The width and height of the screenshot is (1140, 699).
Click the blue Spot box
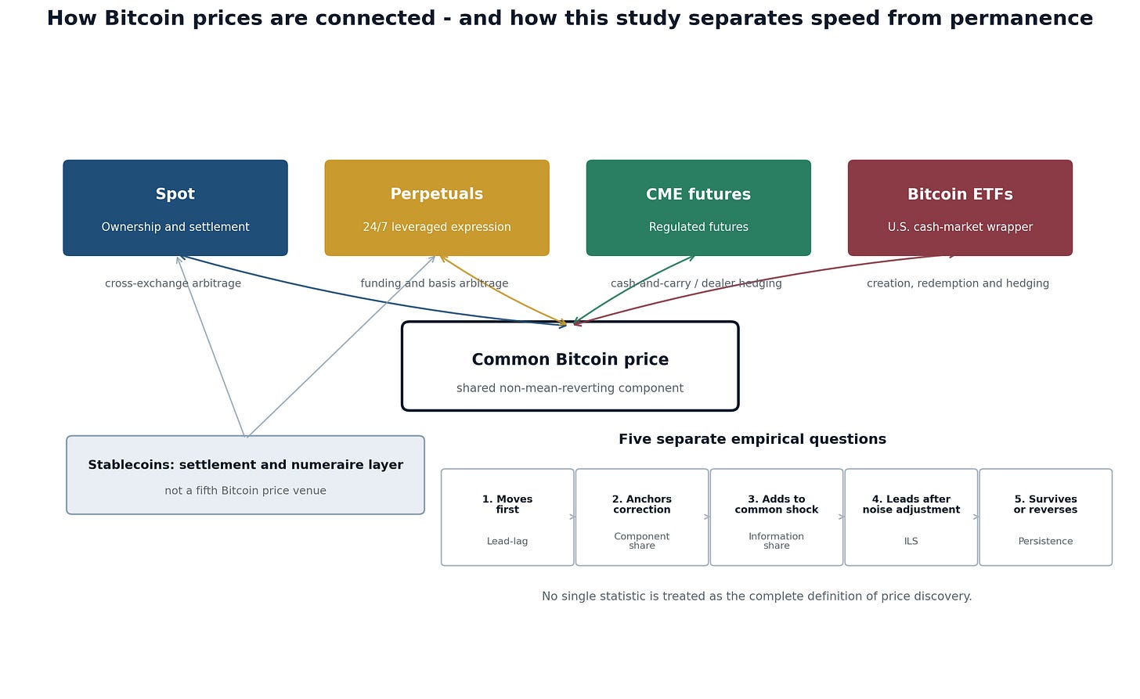(175, 207)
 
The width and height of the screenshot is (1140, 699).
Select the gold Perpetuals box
(437, 207)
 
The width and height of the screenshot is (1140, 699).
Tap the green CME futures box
(698, 207)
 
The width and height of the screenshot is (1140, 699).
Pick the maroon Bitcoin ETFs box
(960, 207)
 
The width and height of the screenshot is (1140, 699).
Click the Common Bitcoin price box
(570, 366)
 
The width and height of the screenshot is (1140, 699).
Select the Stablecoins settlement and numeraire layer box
(245, 474)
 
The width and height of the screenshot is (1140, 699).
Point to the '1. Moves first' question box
(507, 517)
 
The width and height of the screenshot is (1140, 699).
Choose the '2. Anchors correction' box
(642, 517)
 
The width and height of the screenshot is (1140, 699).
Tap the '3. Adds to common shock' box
(777, 517)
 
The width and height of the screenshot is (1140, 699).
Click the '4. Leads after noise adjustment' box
(911, 517)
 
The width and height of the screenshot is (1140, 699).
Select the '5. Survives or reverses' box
(1045, 517)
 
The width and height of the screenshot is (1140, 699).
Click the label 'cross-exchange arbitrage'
(173, 283)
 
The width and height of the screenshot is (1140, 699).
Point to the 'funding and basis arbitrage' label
(434, 283)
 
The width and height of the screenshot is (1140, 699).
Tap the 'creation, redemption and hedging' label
(958, 283)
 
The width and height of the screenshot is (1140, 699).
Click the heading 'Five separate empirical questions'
(752, 439)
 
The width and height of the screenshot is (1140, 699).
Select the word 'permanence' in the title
(1021, 19)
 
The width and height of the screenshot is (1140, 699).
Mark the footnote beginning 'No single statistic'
(757, 596)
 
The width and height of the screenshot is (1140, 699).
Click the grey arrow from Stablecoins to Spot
(211, 346)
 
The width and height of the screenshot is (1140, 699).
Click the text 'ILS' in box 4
(911, 542)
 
